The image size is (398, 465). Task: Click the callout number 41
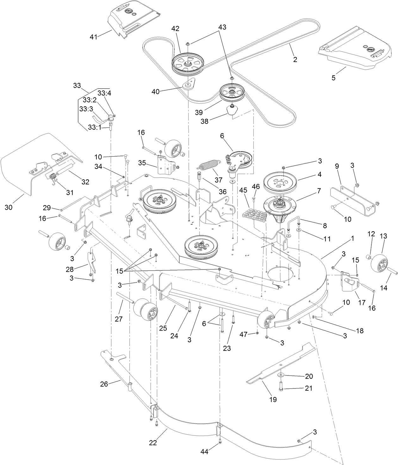pos(93,37)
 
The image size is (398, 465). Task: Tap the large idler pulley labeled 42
pos(188,63)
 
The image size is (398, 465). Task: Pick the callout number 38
pos(205,121)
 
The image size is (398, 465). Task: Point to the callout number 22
pos(153,443)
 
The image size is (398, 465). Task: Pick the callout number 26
pos(104,384)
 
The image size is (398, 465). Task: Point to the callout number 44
pos(205,452)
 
